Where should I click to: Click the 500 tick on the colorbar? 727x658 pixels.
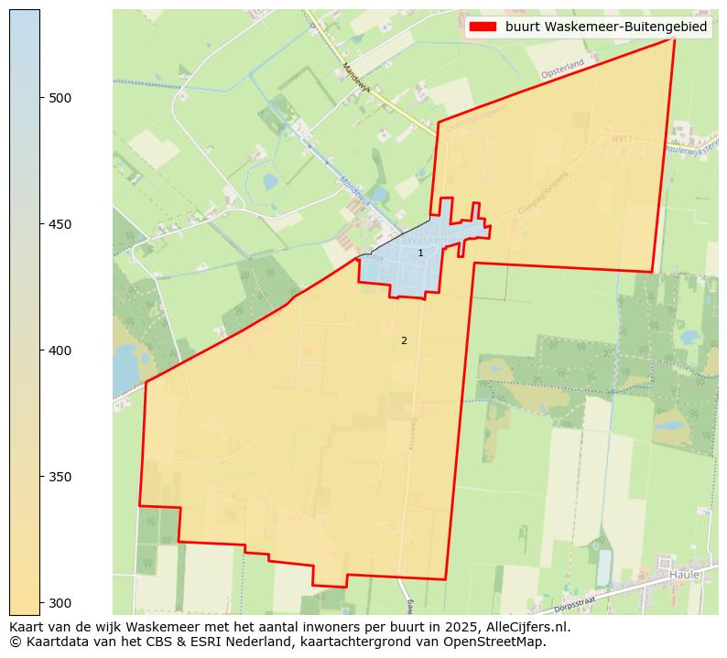[40, 98]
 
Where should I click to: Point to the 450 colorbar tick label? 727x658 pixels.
[60, 224]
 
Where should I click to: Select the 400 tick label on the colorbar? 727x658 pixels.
[60, 351]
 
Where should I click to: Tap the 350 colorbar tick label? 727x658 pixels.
[60, 477]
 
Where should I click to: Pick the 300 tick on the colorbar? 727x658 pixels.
[40, 603]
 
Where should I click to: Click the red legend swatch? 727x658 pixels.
[483, 27]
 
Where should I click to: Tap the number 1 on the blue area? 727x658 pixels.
[420, 253]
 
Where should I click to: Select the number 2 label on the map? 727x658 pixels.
[404, 340]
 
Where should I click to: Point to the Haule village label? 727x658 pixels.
[683, 575]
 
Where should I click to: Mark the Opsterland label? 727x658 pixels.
[562, 70]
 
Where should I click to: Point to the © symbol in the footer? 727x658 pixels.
[15, 642]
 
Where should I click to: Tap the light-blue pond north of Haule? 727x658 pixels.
[603, 567]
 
